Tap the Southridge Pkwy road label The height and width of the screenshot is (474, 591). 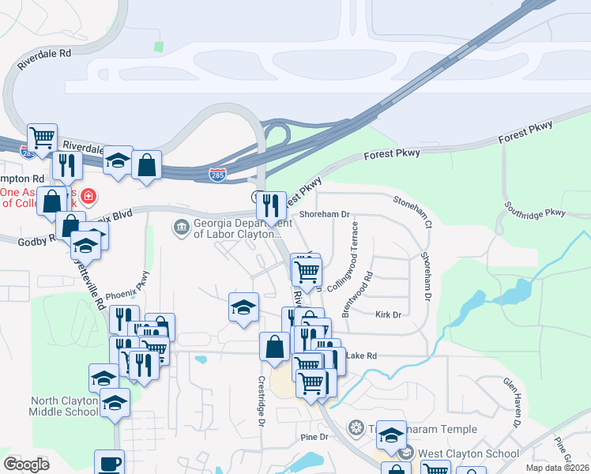(x=535, y=213)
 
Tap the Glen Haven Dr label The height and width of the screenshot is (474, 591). (x=510, y=403)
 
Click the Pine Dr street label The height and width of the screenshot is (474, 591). (x=314, y=437)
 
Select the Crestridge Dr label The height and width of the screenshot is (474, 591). (x=260, y=400)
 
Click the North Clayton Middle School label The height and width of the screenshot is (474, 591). (x=64, y=406)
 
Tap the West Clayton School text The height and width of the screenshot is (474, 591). (x=469, y=453)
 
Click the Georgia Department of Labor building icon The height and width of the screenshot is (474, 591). (x=181, y=228)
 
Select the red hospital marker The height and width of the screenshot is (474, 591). (x=89, y=194)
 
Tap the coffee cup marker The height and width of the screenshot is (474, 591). (x=110, y=462)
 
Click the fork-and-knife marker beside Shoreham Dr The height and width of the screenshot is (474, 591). (x=271, y=206)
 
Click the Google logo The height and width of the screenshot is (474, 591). (x=26, y=465)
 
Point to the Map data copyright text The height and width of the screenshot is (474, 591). (x=558, y=468)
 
